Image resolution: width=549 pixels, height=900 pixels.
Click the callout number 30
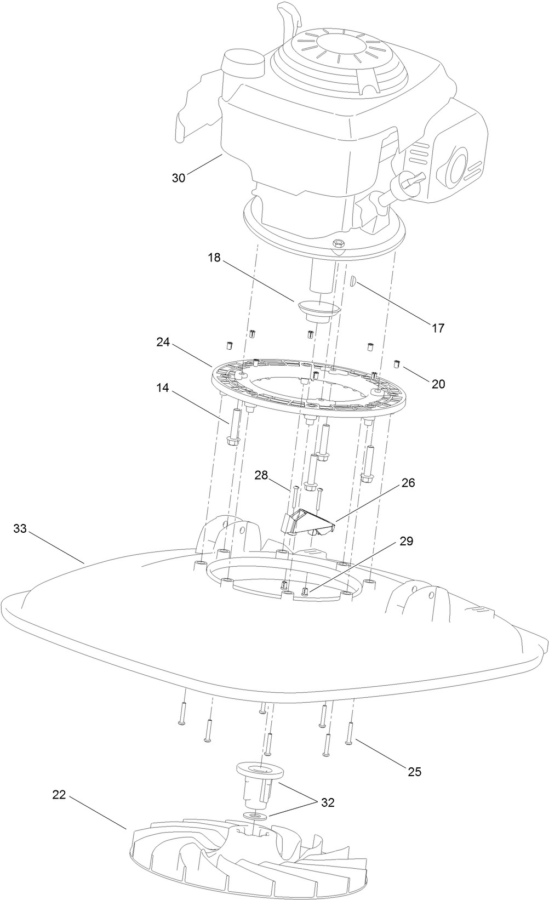click(x=179, y=178)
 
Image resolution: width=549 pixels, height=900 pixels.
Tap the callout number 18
click(x=214, y=258)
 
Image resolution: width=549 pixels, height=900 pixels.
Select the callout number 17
click(x=438, y=328)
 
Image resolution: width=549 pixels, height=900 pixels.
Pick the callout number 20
click(x=438, y=384)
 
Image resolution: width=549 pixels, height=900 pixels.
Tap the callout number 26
click(x=408, y=483)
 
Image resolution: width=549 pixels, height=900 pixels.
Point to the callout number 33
click(x=20, y=529)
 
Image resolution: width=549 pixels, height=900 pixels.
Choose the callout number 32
click(x=328, y=803)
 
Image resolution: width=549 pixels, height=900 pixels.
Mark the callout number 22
click(x=59, y=794)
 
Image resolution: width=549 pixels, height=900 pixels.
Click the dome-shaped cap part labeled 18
click(x=318, y=308)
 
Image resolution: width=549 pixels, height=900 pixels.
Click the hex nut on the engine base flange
click(x=338, y=242)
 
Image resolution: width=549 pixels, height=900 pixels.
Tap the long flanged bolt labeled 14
click(x=232, y=427)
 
